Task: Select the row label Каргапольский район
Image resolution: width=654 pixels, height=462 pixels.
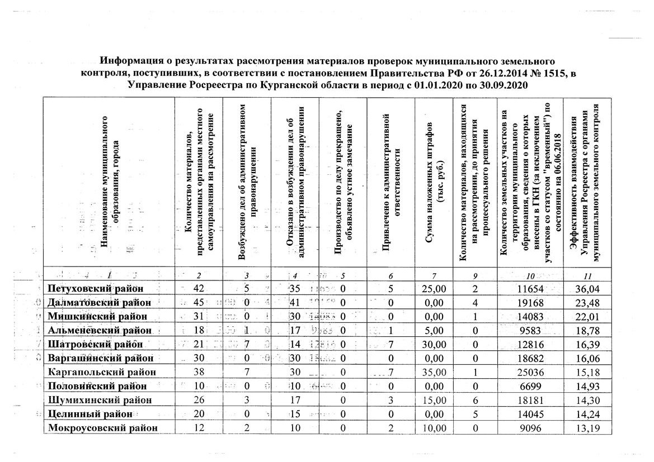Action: [x=101, y=372]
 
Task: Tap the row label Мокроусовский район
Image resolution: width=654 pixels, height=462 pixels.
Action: [x=102, y=428]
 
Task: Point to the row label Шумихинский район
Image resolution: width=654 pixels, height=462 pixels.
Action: [x=100, y=400]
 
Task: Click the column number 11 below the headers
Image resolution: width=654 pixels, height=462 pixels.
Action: [x=587, y=275]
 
